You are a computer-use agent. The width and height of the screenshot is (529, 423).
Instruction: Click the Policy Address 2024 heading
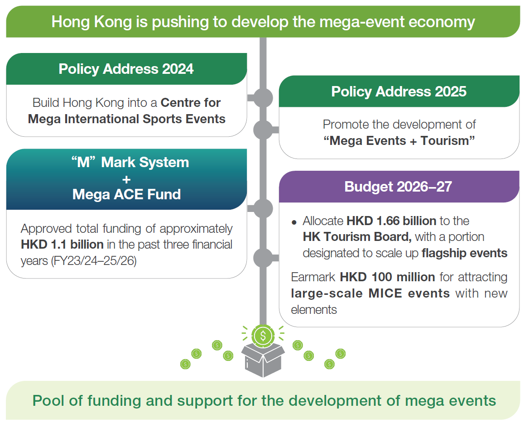[x=126, y=69]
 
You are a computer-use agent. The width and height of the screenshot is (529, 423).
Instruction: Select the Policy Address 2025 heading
[x=399, y=91]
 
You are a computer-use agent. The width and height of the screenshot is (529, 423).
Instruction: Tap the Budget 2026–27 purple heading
[x=398, y=187]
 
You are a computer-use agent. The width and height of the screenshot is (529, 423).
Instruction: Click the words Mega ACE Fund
[x=126, y=194]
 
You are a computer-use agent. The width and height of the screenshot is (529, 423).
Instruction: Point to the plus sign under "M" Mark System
[x=126, y=179]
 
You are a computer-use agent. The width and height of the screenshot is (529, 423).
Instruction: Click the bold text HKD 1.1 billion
[x=62, y=244]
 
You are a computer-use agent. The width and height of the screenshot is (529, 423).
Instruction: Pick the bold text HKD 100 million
[x=387, y=277]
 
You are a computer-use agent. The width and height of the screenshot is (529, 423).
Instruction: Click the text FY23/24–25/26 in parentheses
[x=93, y=261]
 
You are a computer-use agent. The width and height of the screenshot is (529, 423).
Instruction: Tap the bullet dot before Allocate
[x=294, y=222]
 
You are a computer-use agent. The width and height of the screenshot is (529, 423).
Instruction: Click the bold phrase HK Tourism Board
[x=357, y=237]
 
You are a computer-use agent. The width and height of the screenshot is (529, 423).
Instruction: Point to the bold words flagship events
[x=464, y=253]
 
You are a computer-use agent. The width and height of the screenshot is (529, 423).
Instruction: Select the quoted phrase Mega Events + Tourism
[x=399, y=141]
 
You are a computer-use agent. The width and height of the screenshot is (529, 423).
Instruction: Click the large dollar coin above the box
[x=263, y=336]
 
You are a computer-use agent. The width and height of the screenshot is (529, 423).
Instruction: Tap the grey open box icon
[x=263, y=360]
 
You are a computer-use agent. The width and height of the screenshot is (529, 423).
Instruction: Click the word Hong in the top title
[x=71, y=22]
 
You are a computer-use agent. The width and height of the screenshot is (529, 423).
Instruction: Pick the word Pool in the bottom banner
[x=48, y=401]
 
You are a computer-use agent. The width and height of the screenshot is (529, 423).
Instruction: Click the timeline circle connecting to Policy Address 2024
[x=263, y=98]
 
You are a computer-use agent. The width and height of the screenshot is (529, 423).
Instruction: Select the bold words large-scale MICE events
[x=370, y=293]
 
